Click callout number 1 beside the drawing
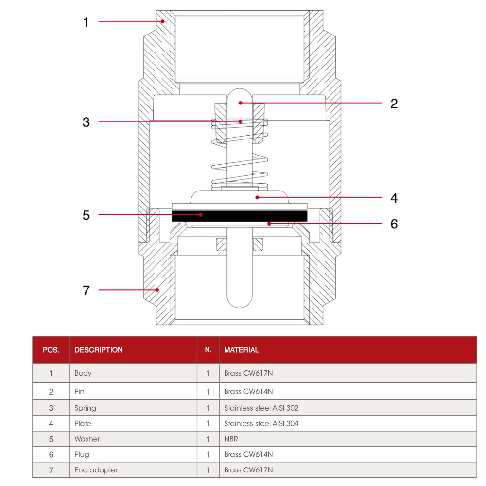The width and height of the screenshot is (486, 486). pyautogui.click(x=86, y=22)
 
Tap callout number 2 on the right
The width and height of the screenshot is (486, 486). pyautogui.click(x=394, y=104)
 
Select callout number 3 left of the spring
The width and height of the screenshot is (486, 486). pyautogui.click(x=86, y=122)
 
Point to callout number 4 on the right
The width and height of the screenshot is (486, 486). pyautogui.click(x=394, y=198)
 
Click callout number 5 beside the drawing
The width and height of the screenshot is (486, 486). pyautogui.click(x=86, y=215)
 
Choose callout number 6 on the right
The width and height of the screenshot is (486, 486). pyautogui.click(x=394, y=224)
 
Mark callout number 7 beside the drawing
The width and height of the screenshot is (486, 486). pyautogui.click(x=86, y=291)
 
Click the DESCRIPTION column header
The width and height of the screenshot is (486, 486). pyautogui.click(x=99, y=350)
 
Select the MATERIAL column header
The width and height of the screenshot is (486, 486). pyautogui.click(x=242, y=350)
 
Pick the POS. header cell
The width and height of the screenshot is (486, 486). pyautogui.click(x=51, y=350)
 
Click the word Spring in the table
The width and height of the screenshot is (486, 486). pyautogui.click(x=85, y=408)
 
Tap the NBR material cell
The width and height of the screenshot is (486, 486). pyautogui.click(x=231, y=439)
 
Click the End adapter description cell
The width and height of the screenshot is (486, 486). pyautogui.click(x=96, y=470)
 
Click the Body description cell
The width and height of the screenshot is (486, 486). pyautogui.click(x=83, y=373)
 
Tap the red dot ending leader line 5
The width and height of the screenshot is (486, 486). pyautogui.click(x=200, y=214)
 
